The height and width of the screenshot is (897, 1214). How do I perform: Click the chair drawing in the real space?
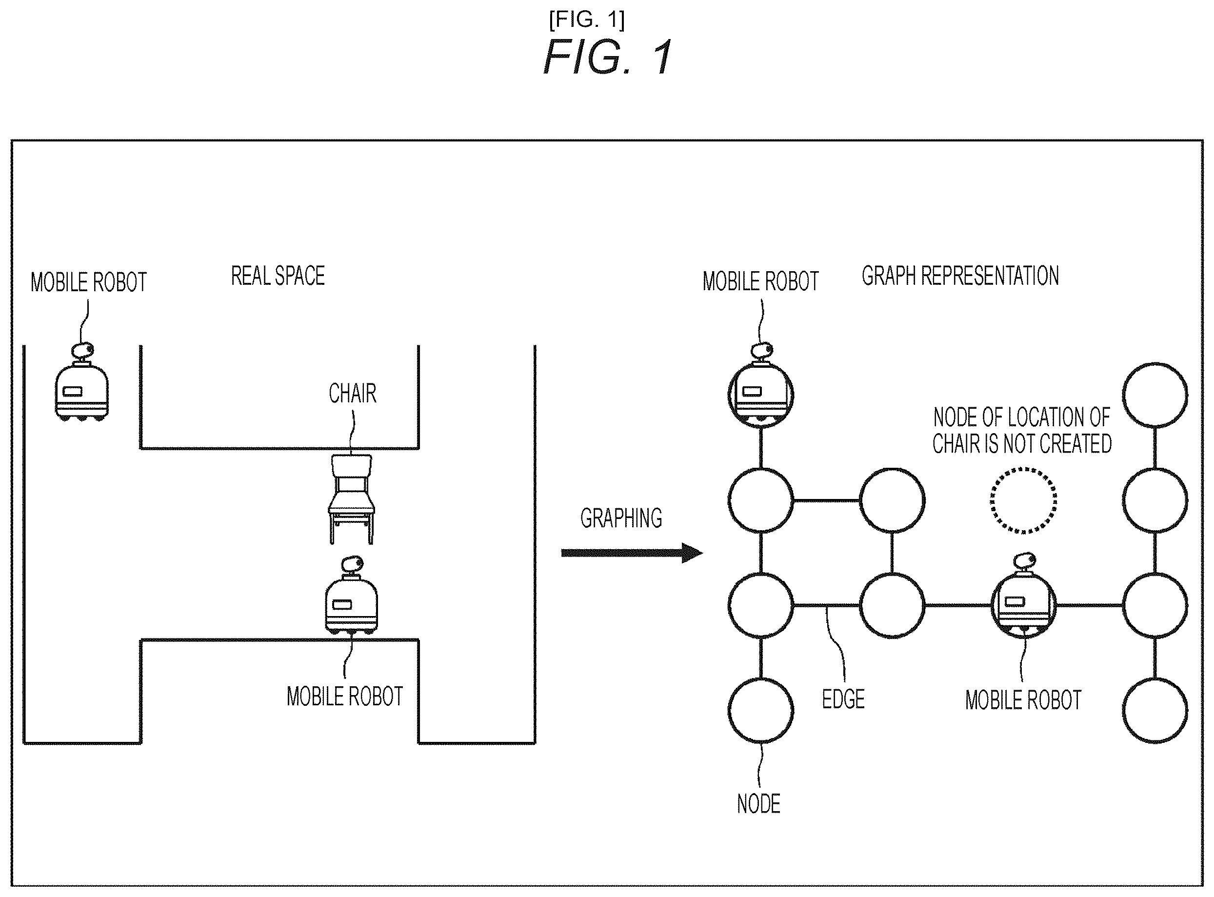pos(351,499)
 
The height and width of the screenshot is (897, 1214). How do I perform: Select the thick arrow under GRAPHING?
pos(632,553)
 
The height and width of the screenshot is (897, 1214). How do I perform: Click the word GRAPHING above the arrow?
pos(621,518)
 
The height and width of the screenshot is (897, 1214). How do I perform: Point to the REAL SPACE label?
pos(278,276)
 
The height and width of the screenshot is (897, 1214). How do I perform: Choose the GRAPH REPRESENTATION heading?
pos(960,276)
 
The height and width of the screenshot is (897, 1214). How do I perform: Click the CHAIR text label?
pos(352,393)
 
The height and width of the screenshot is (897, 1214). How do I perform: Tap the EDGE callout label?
pos(843,699)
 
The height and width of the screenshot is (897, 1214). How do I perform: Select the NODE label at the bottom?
pos(758,804)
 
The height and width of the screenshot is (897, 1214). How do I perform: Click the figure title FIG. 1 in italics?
pos(608,57)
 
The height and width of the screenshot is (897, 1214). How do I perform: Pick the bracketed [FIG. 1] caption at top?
pos(587,20)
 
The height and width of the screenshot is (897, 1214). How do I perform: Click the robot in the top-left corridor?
pos(82,382)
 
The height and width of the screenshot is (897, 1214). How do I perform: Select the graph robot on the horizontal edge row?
pos(1024,596)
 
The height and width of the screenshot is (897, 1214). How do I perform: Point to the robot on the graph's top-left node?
pos(761,384)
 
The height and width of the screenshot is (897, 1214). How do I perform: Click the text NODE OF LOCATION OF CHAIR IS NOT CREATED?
pos(1022,431)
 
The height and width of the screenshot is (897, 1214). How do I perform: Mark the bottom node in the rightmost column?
pos(1155,678)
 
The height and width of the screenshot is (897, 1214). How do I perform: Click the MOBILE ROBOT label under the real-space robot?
pos(345,697)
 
